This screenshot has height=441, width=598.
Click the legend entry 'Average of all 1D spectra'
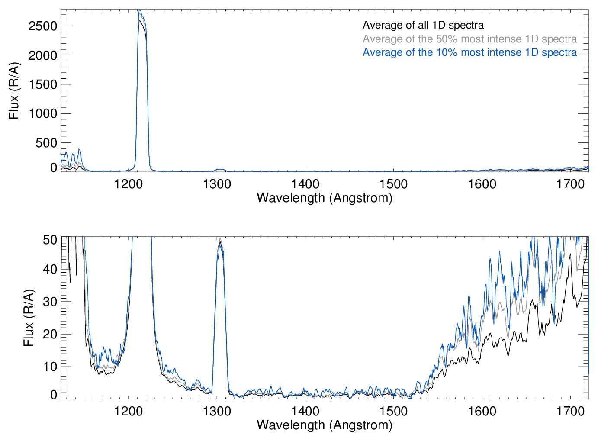point(423,25)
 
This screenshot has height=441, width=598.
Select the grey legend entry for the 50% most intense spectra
point(469,39)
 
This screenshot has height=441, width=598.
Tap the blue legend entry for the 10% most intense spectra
point(469,52)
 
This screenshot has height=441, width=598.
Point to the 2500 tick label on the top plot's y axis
point(43,26)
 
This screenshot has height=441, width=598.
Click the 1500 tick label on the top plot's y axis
point(43,84)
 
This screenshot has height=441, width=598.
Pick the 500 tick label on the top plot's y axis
point(46,143)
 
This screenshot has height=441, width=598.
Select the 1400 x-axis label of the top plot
point(305,184)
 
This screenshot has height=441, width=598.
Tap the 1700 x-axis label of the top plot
point(570,184)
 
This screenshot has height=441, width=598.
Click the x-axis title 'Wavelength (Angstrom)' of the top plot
point(325,198)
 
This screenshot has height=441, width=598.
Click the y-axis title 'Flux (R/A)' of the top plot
point(14,90)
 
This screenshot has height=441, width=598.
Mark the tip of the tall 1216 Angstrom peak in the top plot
point(139,10)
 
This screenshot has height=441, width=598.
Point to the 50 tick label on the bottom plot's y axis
point(50,240)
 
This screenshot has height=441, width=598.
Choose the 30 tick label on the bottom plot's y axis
point(50,302)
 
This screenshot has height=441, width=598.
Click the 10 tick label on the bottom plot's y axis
point(50,367)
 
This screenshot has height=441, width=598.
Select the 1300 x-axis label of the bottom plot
point(217,411)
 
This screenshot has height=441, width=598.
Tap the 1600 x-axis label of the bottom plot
point(482,411)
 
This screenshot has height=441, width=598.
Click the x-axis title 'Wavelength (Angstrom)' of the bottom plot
point(325,425)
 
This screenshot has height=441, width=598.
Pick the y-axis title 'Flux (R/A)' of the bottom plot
point(29,318)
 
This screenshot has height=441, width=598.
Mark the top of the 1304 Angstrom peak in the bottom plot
point(220,239)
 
